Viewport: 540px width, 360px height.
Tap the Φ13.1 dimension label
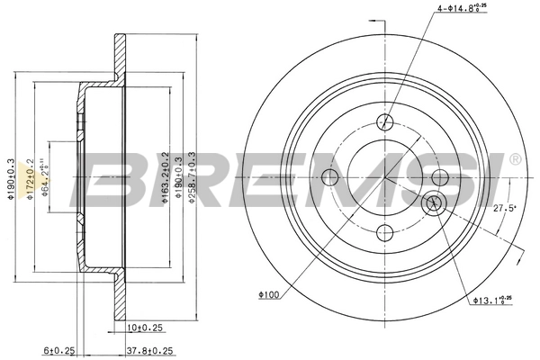pyautogui.click(x=492, y=301)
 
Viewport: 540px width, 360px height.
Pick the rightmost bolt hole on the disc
pyautogui.click(x=440, y=177)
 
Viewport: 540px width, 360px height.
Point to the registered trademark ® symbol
pyautogui.click(x=514, y=159)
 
